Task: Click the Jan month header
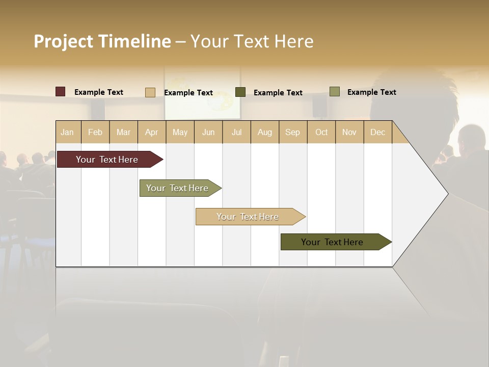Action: click(68, 132)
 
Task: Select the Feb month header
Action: click(95, 132)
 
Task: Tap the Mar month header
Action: click(123, 132)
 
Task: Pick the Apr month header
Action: click(152, 132)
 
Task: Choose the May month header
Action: click(180, 132)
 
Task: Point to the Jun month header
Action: click(208, 132)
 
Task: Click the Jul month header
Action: click(236, 132)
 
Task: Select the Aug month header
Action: click(265, 132)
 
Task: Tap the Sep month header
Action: click(293, 132)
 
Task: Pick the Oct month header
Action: click(321, 132)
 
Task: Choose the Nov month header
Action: click(349, 132)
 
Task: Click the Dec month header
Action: click(378, 132)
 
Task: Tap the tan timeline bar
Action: click(248, 217)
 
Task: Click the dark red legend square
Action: click(61, 92)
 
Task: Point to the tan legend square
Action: click(150, 92)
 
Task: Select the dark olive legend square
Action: click(240, 92)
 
